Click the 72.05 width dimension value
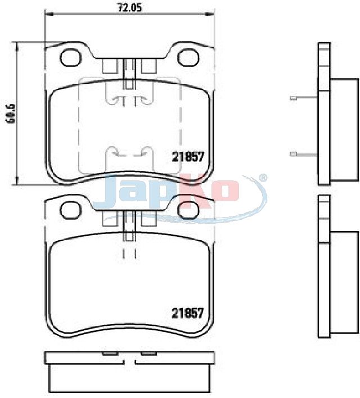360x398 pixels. click(x=129, y=8)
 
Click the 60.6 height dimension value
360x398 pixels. click(x=11, y=113)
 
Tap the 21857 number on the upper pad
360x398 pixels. click(x=188, y=157)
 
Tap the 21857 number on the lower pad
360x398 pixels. click(x=188, y=313)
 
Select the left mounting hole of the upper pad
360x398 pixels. click(x=70, y=57)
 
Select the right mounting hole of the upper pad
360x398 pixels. click(x=188, y=57)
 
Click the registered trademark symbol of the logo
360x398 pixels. click(x=263, y=178)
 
